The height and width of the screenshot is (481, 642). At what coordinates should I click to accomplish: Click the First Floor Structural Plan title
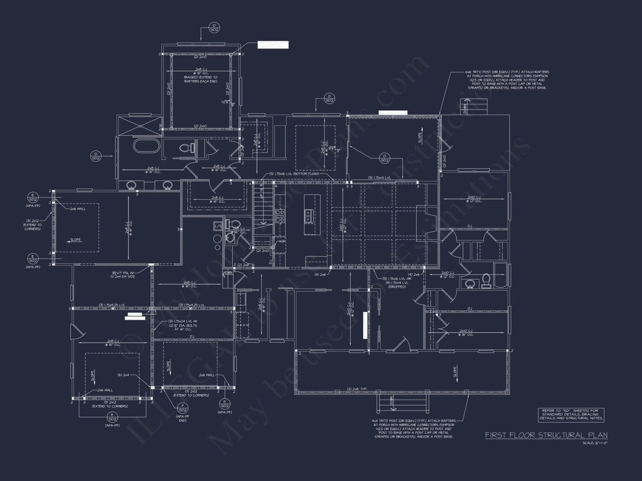546,435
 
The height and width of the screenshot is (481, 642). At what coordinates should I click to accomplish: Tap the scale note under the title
595,443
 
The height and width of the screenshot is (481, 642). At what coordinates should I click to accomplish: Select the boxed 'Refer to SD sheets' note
571,414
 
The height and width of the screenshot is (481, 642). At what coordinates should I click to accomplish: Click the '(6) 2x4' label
124,375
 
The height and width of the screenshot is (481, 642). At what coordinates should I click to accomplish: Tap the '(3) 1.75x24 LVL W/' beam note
183,321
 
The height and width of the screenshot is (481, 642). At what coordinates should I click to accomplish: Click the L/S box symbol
218,226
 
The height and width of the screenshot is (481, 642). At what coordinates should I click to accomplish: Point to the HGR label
282,241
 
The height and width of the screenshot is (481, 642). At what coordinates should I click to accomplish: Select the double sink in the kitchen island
308,216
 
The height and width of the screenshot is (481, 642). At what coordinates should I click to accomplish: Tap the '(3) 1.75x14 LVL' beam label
379,178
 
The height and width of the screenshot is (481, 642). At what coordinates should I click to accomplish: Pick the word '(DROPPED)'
397,287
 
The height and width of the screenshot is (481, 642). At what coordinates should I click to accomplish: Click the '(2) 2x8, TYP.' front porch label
357,389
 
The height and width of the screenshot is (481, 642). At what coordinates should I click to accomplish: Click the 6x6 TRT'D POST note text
507,80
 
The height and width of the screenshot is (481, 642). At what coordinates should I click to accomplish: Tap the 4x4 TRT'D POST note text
414,429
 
